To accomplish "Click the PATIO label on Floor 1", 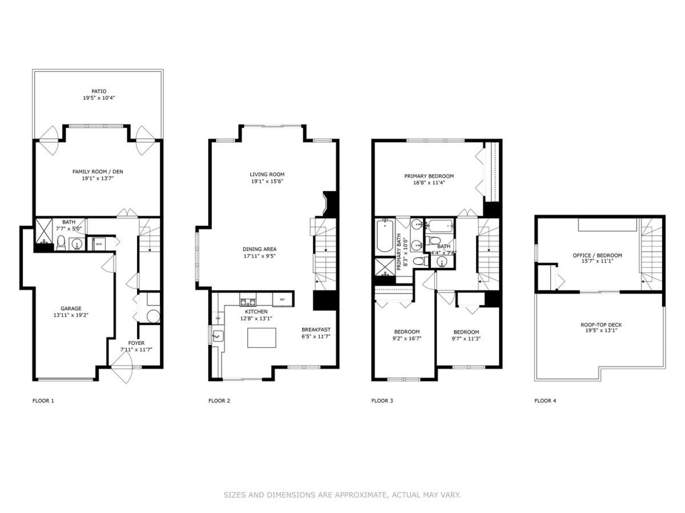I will pos(98,91).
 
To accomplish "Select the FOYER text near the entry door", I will pos(136,343).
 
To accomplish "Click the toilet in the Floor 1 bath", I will pos(61,243).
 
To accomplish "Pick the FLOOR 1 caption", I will pos(43,401).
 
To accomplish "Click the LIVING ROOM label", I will pos(267,174).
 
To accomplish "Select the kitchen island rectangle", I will pos(261,337).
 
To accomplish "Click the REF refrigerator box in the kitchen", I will pos(282,299).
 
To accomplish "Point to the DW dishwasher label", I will pos(217,318).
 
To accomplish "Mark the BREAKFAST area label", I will pos(316,329).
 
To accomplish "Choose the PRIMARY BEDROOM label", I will pos(429,176).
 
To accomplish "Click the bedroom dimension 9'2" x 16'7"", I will pos(406,339).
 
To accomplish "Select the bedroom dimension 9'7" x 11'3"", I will pos(466,339).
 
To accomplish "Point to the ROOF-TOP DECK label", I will pos(601,325).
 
